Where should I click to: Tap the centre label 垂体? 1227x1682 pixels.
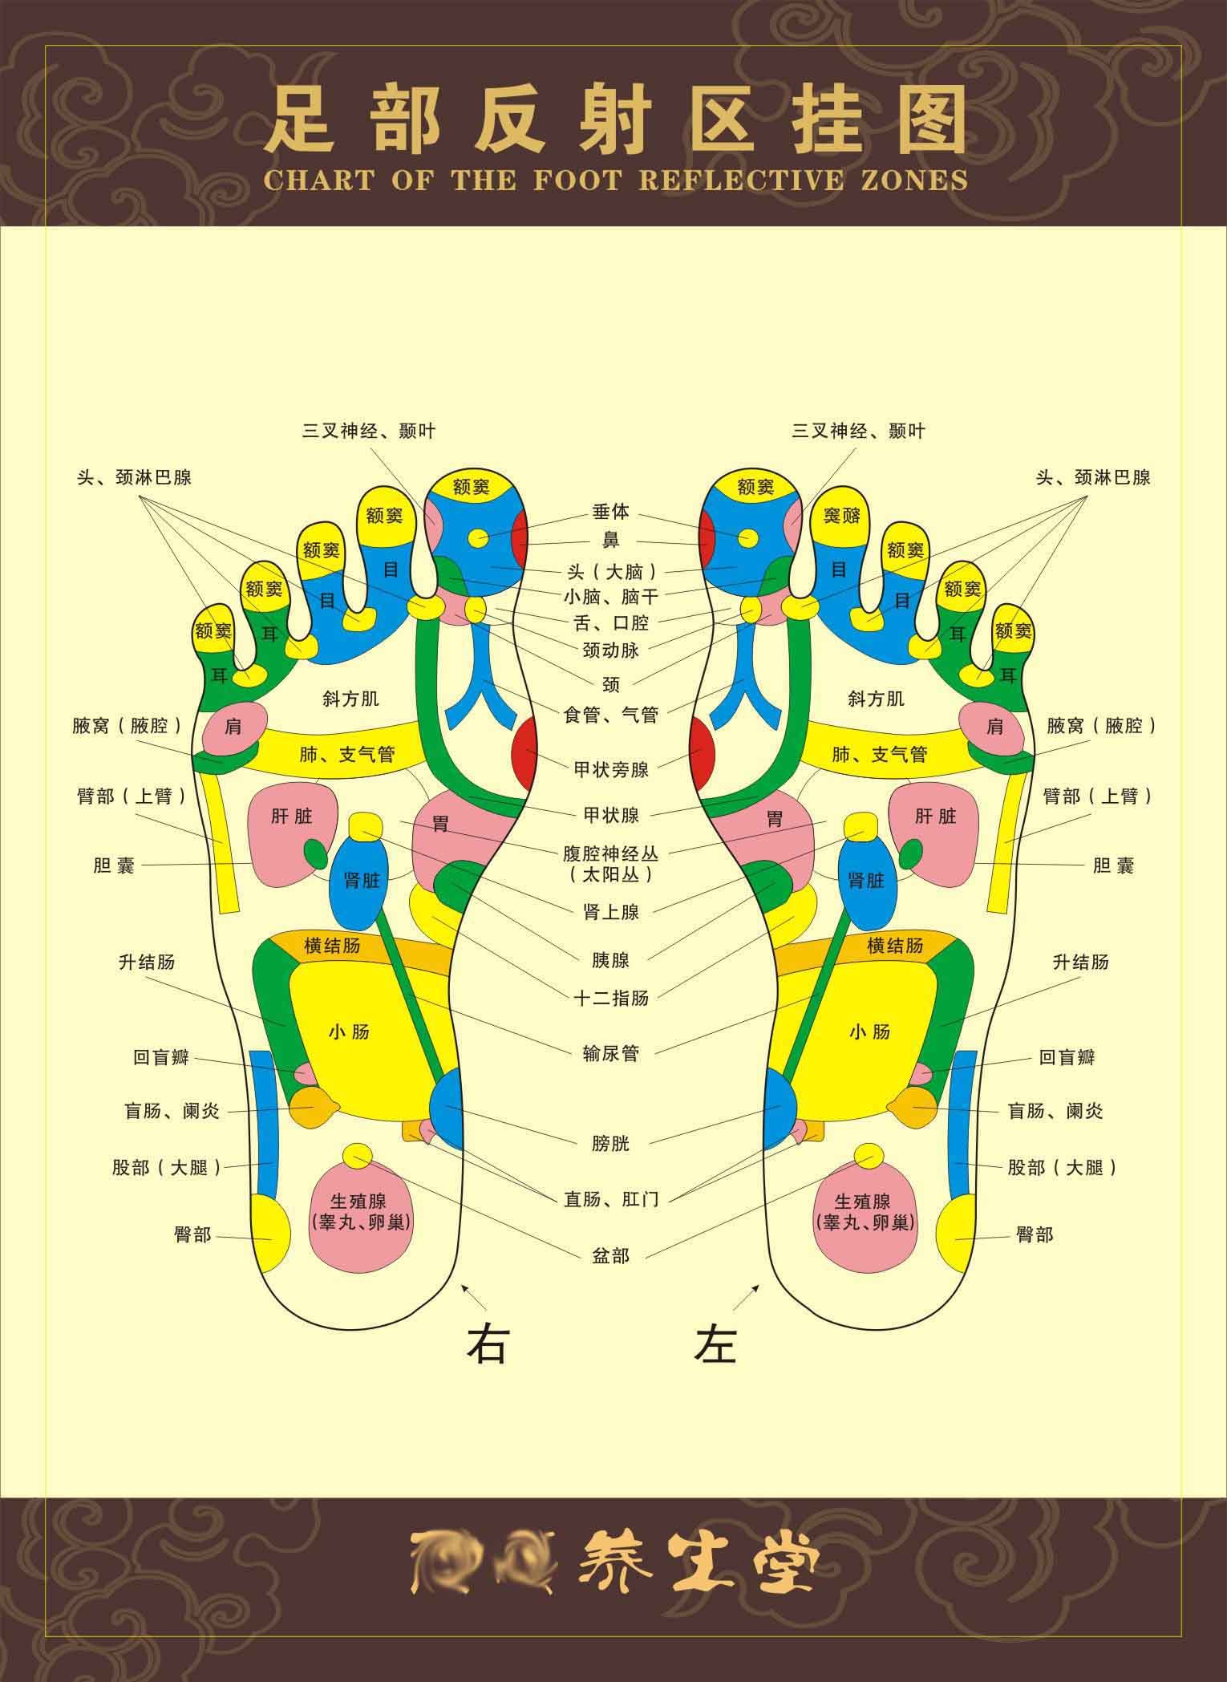(611, 512)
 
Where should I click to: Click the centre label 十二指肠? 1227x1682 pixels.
(611, 998)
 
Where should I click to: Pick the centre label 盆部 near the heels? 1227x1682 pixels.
(611, 1255)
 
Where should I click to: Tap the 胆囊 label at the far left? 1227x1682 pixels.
(114, 865)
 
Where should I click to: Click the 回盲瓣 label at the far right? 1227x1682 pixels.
(1067, 1057)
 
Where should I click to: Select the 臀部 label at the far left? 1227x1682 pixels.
(192, 1234)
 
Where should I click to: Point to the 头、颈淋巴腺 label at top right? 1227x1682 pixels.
(1092, 477)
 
